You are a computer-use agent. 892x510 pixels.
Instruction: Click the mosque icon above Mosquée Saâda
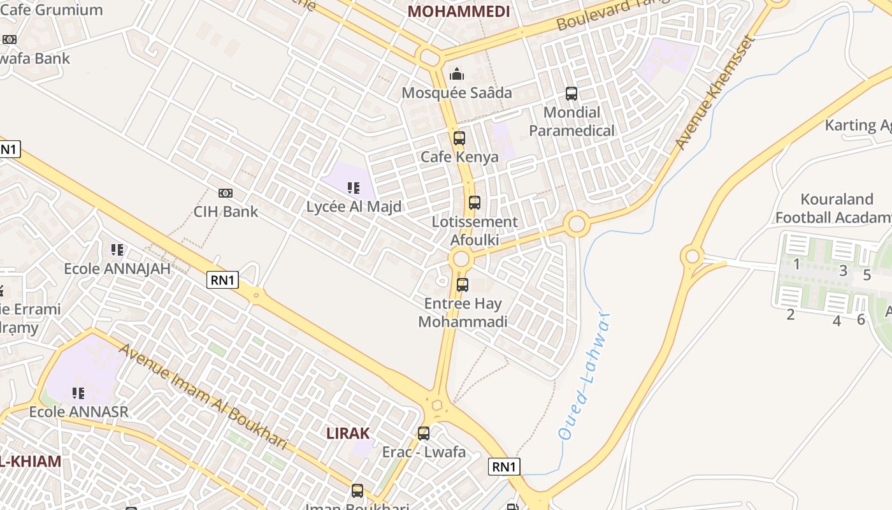(457, 75)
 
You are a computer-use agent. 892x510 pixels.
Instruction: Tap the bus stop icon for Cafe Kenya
(459, 138)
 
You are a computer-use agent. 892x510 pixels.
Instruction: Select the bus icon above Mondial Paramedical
(572, 94)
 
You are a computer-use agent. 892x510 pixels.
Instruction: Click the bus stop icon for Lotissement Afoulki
(475, 203)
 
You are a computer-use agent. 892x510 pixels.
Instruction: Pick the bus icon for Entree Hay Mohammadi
(463, 285)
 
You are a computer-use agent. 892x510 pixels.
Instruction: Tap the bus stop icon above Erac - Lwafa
(424, 433)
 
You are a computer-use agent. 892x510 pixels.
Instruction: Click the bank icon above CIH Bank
(226, 193)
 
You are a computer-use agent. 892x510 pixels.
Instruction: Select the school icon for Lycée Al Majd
(354, 188)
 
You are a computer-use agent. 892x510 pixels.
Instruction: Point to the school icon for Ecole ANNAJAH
(117, 250)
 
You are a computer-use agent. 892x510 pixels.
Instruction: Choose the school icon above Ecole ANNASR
(78, 393)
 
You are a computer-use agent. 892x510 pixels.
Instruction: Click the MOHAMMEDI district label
(459, 11)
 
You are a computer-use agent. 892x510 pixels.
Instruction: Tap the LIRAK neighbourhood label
(348, 433)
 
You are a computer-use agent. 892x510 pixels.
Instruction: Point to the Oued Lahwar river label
(584, 376)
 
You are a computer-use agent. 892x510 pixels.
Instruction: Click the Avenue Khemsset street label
(716, 92)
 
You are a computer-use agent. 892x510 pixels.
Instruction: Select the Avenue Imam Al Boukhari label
(204, 395)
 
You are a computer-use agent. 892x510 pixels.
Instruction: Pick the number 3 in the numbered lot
(843, 271)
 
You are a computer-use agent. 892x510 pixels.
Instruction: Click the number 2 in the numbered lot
(791, 314)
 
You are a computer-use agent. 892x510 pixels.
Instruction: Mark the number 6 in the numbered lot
(861, 319)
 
